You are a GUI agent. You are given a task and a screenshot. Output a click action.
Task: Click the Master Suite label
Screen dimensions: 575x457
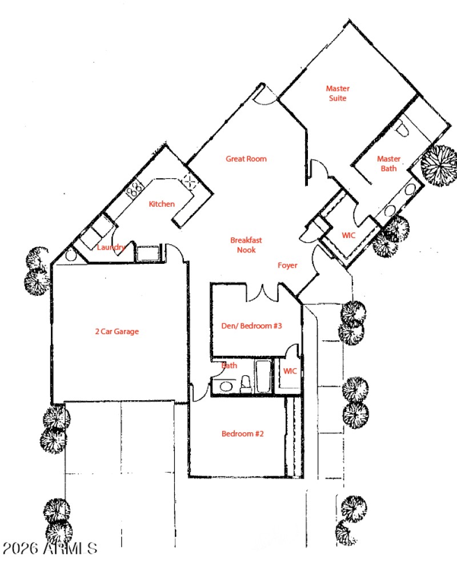(338, 93)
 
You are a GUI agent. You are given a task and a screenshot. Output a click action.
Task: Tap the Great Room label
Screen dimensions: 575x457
(246, 159)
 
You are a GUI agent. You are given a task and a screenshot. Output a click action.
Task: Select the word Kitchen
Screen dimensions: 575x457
(162, 204)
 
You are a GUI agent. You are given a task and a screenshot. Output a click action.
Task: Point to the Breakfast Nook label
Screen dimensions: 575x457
(246, 245)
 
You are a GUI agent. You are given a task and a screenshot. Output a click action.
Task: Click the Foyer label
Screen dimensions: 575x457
(287, 266)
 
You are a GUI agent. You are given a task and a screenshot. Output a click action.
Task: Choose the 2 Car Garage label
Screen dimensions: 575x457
(117, 331)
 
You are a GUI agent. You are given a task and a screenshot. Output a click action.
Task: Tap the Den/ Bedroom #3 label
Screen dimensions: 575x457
(252, 326)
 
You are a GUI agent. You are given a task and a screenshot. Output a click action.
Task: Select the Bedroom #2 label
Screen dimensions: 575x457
(242, 433)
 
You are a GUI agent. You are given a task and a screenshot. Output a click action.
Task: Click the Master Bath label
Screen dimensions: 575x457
(389, 163)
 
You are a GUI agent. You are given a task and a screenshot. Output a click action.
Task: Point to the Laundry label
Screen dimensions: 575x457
(111, 247)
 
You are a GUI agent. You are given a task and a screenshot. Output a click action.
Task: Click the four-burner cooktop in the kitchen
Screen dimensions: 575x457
(135, 189)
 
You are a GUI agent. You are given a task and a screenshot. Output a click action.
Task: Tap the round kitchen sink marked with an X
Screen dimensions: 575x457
(189, 182)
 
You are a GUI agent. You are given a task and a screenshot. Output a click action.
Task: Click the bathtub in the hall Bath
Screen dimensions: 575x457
(263, 377)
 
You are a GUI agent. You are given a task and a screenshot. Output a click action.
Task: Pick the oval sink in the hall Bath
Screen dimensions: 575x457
(225, 387)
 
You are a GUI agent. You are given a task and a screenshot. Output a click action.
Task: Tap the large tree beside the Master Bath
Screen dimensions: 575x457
(439, 166)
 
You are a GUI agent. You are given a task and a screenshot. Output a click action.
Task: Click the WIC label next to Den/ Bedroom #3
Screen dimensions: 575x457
(290, 371)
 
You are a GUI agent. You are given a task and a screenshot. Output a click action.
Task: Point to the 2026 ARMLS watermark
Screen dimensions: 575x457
(50, 549)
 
